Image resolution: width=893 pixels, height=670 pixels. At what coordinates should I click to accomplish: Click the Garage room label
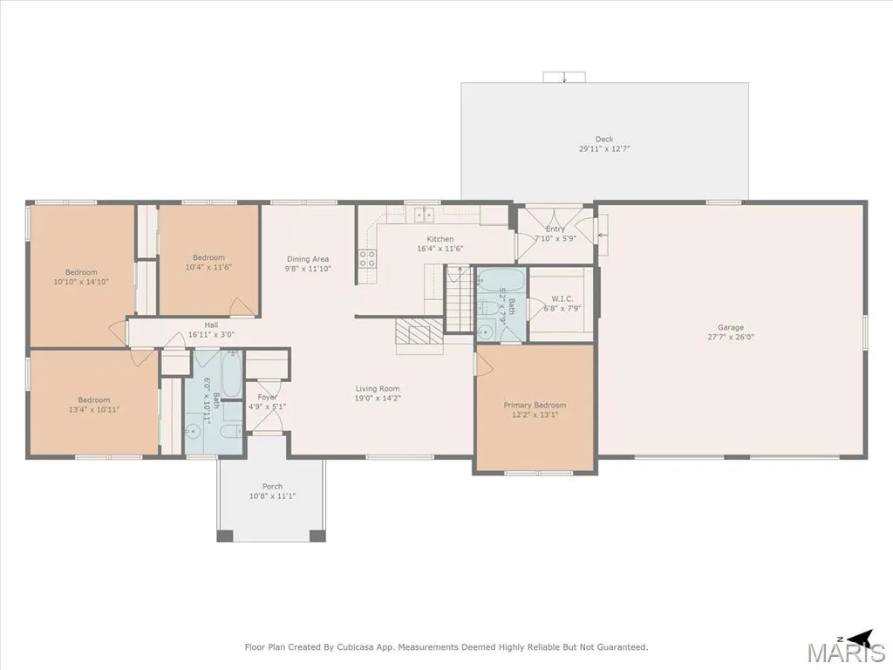point(730,328)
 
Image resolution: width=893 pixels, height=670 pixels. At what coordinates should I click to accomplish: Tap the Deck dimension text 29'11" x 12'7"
point(604,148)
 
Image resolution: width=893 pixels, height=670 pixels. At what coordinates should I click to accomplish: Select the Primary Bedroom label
point(535,405)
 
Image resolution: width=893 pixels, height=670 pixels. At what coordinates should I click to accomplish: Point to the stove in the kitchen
point(367,258)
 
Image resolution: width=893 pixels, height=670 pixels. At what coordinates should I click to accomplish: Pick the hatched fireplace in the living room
point(419,331)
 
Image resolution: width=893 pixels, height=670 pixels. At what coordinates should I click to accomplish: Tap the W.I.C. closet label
point(562,299)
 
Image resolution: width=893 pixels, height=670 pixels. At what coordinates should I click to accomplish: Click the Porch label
point(272,487)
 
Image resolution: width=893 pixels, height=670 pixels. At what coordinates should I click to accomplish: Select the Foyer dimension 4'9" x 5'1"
point(267,407)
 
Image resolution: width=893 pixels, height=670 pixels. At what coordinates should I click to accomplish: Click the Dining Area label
point(308,259)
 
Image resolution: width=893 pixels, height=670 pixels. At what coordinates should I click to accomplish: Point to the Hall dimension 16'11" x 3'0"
point(211,335)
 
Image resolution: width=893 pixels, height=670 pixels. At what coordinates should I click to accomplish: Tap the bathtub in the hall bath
point(232,374)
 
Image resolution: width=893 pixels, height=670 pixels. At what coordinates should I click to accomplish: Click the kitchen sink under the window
point(425,215)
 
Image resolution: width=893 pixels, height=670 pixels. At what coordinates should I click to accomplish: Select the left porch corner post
point(225,536)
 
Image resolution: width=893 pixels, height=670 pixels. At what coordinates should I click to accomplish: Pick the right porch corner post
point(317,536)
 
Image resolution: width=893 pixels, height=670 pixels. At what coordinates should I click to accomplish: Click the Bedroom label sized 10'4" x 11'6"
point(208,257)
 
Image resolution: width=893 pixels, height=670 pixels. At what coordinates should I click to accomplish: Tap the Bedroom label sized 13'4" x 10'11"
point(94,400)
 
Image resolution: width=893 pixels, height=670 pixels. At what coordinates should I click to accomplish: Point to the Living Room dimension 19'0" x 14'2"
point(378,398)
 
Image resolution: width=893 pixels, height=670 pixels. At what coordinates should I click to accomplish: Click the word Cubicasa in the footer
point(356,647)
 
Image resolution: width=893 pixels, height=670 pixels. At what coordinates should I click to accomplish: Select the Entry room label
point(556,229)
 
